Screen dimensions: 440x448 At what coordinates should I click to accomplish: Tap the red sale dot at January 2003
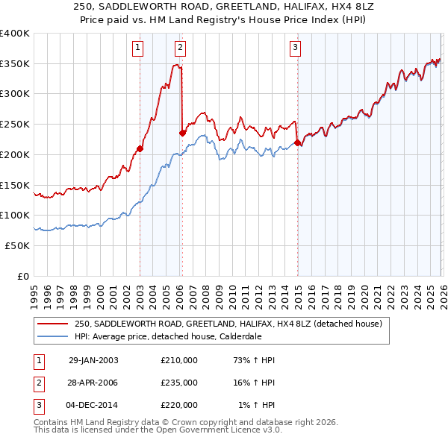[140, 148]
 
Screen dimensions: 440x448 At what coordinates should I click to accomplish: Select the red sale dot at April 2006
[182, 133]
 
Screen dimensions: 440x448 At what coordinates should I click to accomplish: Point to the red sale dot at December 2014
[297, 142]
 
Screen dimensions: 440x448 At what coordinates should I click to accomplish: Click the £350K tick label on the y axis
[15, 63]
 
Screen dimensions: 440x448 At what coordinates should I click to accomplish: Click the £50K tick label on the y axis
[17, 245]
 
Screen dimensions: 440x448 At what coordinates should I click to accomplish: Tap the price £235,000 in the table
[179, 383]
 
